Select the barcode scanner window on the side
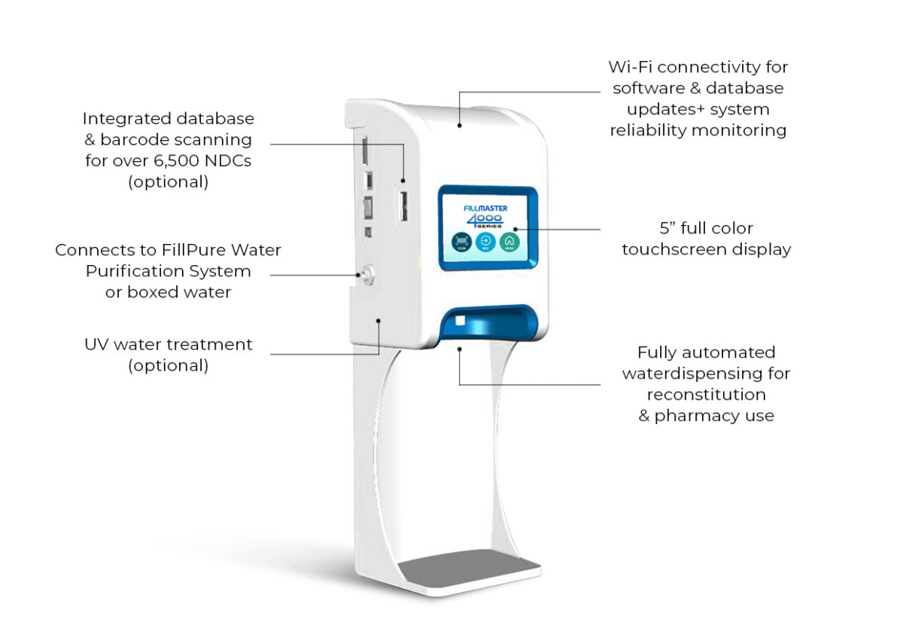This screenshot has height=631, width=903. [403, 206]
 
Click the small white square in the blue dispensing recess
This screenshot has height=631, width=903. [461, 321]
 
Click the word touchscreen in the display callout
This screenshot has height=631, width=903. [673, 249]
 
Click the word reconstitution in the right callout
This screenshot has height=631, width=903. [706, 395]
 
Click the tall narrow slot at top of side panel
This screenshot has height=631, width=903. [365, 150]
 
